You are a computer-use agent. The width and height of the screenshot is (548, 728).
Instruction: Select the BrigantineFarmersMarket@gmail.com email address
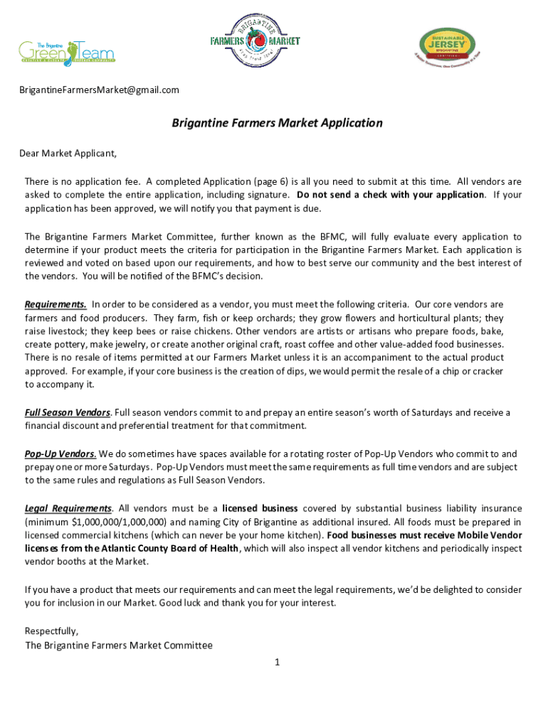point(99,90)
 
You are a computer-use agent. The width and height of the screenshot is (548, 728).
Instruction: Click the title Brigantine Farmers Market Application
point(277,123)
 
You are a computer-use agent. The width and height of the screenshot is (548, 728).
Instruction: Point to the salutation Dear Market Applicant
point(67,153)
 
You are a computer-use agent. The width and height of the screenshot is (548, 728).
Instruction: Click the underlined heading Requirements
point(56,304)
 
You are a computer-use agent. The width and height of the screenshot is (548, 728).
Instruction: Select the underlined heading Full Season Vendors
point(67,412)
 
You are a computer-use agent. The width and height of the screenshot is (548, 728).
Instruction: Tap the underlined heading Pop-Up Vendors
point(60,454)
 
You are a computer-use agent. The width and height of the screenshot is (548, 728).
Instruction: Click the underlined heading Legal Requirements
point(68,508)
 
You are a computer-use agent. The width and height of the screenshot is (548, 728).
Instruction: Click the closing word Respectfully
point(51,631)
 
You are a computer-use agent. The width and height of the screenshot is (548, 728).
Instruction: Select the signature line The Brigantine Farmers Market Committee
point(119,646)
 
